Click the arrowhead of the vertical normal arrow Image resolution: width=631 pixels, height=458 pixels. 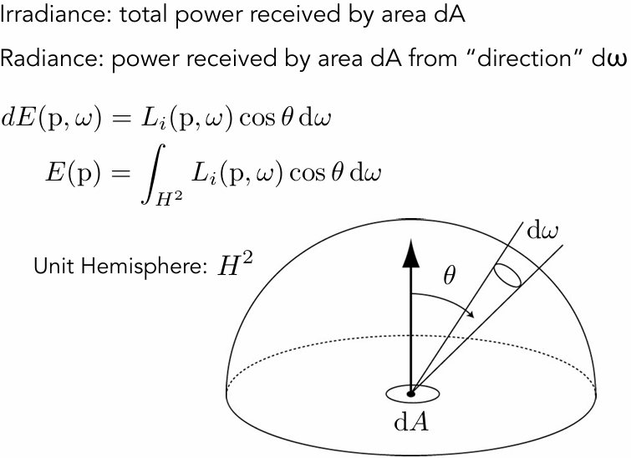tap(410, 252)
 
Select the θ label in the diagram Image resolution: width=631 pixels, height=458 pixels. tap(449, 275)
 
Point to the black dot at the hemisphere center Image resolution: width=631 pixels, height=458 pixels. tap(410, 392)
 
